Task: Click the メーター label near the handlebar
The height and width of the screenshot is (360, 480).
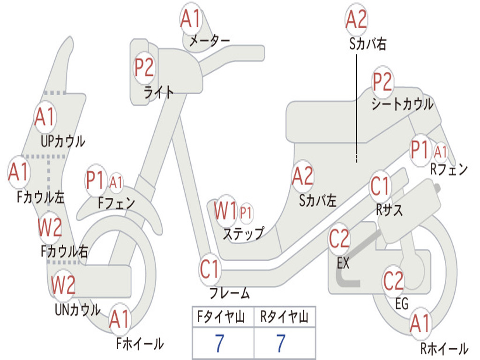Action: (209, 41)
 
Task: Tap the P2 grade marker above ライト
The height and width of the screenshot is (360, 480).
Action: (144, 68)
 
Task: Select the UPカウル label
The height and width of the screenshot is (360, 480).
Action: (63, 141)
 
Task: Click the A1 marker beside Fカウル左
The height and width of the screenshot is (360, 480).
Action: (19, 172)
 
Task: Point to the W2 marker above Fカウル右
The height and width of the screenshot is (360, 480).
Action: (50, 228)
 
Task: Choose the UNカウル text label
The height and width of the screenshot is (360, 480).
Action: (77, 309)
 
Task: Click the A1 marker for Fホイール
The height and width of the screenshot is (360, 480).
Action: (120, 321)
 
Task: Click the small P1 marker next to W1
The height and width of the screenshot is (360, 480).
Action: (246, 213)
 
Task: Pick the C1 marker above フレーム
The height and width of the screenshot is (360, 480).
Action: (210, 270)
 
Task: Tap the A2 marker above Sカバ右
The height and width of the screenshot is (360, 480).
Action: (356, 20)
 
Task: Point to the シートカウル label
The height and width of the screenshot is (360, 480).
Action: (402, 104)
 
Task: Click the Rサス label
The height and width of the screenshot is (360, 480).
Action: (389, 210)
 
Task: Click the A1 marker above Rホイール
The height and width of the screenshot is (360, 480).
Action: (420, 324)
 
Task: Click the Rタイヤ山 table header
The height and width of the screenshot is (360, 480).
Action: (284, 318)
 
